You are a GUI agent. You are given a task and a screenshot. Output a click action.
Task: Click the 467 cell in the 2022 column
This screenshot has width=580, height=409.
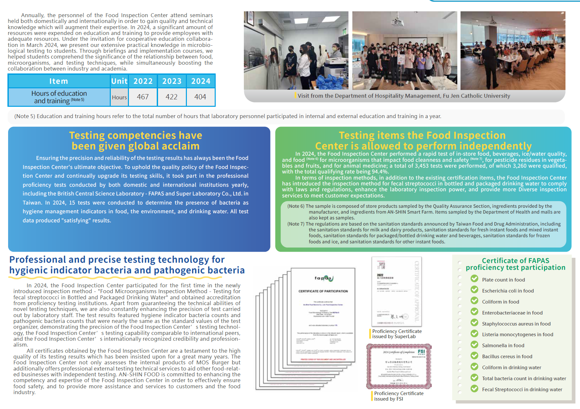(143, 97)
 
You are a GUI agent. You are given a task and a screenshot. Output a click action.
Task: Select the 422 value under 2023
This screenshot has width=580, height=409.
(172, 97)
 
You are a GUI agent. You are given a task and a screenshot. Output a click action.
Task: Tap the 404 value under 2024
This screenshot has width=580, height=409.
(200, 97)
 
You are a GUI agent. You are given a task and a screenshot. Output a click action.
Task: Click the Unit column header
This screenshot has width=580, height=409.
(119, 81)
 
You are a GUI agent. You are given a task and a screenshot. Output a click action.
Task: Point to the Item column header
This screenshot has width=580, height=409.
(59, 81)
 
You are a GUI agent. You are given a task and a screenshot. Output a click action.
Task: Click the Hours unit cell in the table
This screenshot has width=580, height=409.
(119, 97)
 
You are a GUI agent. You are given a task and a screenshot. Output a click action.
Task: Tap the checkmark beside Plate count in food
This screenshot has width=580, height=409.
(474, 279)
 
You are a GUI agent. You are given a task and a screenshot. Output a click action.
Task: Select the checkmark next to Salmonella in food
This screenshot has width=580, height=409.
(474, 344)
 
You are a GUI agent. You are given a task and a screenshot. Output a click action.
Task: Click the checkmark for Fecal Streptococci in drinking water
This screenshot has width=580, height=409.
(474, 388)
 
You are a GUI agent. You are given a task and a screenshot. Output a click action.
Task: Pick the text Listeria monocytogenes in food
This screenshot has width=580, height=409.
(517, 335)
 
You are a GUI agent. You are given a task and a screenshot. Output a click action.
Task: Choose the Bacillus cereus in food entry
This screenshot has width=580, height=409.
(507, 357)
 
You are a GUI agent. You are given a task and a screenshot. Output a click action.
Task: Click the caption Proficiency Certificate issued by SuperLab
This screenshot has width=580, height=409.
(397, 334)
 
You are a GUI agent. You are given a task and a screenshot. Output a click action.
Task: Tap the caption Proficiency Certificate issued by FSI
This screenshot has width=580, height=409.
(398, 396)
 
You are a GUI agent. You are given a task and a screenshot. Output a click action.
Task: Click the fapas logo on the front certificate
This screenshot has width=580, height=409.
(324, 278)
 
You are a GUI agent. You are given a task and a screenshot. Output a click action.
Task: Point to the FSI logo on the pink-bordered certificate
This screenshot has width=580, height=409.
(421, 352)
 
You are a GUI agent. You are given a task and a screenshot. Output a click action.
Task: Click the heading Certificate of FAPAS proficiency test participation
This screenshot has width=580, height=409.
(515, 264)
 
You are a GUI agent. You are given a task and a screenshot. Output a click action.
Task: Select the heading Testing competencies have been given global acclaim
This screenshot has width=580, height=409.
(136, 140)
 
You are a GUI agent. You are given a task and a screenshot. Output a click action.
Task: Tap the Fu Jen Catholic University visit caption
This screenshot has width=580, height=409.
(404, 96)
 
